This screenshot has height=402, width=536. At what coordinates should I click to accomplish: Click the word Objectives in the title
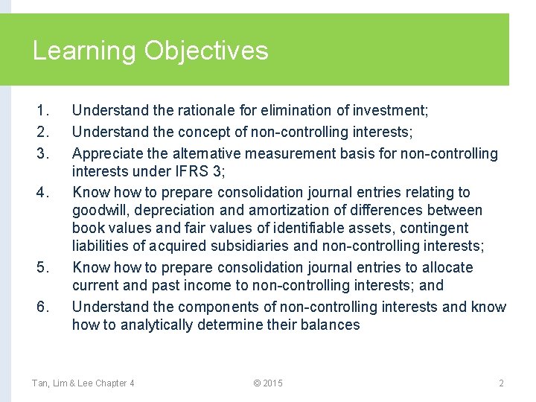(x=205, y=51)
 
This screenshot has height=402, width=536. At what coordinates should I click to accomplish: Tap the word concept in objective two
(x=206, y=133)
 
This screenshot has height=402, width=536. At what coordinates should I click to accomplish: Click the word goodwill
(x=102, y=211)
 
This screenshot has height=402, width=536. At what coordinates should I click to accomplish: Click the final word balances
(x=332, y=325)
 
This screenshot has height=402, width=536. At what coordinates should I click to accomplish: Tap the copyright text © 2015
(x=268, y=383)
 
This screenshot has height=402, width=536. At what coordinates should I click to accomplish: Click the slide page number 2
(x=501, y=383)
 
